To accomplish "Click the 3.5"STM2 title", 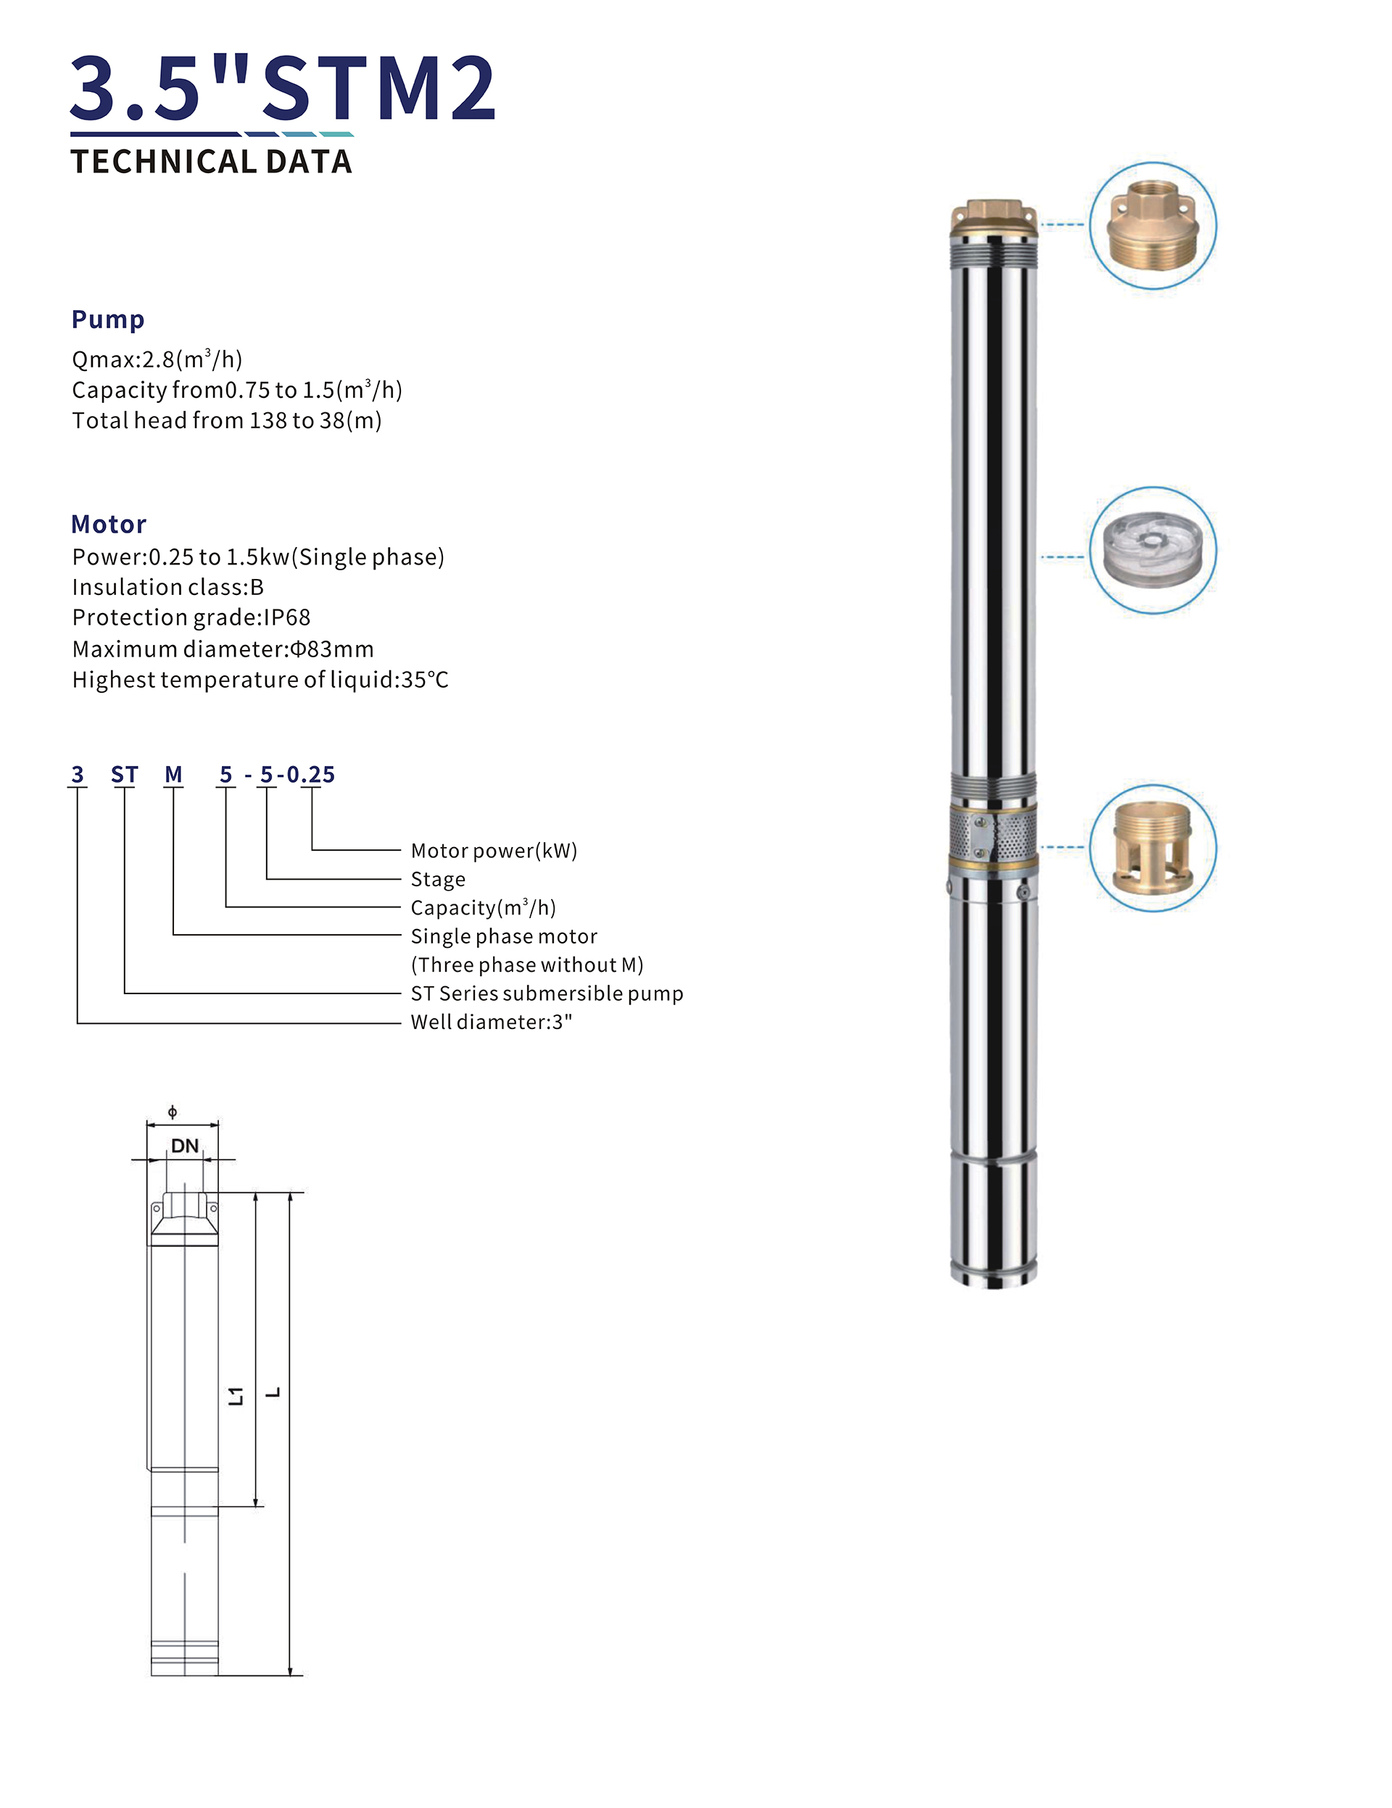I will point(282,88).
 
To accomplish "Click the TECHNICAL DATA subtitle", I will point(211,162).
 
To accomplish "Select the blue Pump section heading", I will point(107,319).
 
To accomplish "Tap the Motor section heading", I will point(109,524).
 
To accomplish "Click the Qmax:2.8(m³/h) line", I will point(157,359).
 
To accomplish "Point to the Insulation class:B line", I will point(167,587).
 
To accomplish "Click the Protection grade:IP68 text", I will point(191,617).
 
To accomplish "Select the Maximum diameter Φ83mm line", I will point(222,649).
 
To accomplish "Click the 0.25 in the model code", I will point(310,775).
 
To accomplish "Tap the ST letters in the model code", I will point(124,775).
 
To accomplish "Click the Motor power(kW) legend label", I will point(494,850).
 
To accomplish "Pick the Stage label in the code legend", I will point(437,879).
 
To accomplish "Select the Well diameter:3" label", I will point(491,1022).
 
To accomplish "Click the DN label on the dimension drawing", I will point(184,1146).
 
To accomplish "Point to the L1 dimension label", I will point(237,1396).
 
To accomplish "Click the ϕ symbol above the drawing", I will point(173,1112).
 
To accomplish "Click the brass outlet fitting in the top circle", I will point(1152,225).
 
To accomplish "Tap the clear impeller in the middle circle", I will point(1152,550).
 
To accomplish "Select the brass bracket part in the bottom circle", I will point(1152,848).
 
